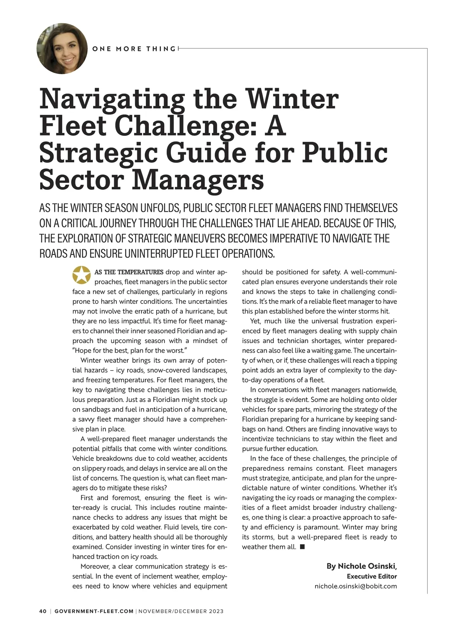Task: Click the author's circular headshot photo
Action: click(x=62, y=49)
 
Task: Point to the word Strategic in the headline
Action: click(x=98, y=153)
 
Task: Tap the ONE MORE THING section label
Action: click(x=134, y=49)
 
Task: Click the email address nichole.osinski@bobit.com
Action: click(x=356, y=586)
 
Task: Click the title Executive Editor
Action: click(x=372, y=576)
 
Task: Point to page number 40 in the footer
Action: click(x=43, y=611)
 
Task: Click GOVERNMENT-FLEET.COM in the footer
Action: click(x=94, y=611)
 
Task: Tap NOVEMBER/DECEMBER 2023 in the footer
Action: click(x=181, y=611)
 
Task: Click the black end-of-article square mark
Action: click(x=302, y=546)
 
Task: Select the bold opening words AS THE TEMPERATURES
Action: click(x=129, y=272)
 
